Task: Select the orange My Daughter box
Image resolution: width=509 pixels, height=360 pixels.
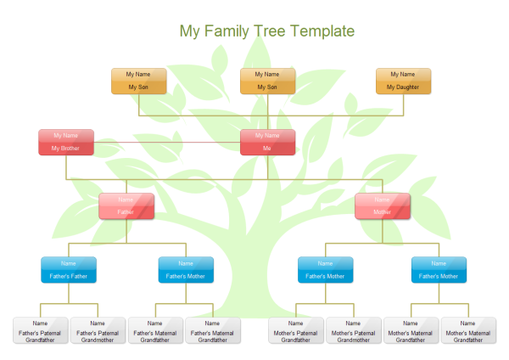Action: coord(403,81)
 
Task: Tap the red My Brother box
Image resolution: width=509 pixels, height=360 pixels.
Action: coord(65,142)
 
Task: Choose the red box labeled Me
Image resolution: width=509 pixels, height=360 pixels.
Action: coord(267,142)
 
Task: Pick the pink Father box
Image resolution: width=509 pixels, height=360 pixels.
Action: coord(126,206)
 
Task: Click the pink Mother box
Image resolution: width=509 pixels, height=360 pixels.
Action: coord(382,206)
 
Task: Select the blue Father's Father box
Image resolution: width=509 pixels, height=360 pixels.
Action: coord(69,269)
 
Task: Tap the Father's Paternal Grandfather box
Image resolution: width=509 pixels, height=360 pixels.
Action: coord(40,330)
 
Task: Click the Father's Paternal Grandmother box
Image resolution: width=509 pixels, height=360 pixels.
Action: coord(98,330)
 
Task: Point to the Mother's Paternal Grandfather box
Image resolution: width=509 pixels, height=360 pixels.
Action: coord(296,330)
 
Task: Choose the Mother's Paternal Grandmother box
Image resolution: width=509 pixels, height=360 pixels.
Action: coord(354,330)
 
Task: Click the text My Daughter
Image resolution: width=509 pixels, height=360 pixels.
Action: coord(403,87)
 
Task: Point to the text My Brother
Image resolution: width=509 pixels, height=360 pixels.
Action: coord(65,149)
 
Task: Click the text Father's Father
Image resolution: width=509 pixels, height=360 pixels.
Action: coord(69,276)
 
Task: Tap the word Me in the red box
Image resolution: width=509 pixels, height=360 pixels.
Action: coord(267,149)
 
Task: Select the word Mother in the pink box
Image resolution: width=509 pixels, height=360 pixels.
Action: coord(382,212)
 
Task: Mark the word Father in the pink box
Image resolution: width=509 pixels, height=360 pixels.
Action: coord(126,212)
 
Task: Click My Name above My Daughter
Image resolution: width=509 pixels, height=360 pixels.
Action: coord(403,75)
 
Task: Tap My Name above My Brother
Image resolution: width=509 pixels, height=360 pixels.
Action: coord(65,135)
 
